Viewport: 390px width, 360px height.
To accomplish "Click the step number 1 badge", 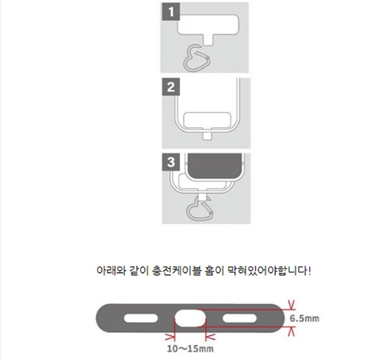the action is (171, 11).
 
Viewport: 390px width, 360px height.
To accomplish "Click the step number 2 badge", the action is (171, 87).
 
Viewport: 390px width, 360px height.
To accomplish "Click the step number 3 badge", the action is (171, 162).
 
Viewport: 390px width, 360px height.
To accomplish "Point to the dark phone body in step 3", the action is (214, 166).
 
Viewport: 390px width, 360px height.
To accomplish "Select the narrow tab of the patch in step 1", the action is (208, 40).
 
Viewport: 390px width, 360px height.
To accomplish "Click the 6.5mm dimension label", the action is (304, 319).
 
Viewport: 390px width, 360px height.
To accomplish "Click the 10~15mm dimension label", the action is (190, 349).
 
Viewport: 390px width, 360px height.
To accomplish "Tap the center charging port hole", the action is (190, 319).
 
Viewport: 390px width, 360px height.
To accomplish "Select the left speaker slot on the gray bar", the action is (141, 319).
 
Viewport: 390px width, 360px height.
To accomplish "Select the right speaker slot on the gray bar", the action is (240, 319).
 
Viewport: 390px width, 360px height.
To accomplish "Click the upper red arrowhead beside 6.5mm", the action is (291, 305).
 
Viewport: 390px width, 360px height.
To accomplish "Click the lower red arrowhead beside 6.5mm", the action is (291, 331).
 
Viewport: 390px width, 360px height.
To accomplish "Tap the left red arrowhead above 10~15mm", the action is (171, 337).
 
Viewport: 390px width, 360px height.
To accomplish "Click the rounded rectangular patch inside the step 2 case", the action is (207, 121).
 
